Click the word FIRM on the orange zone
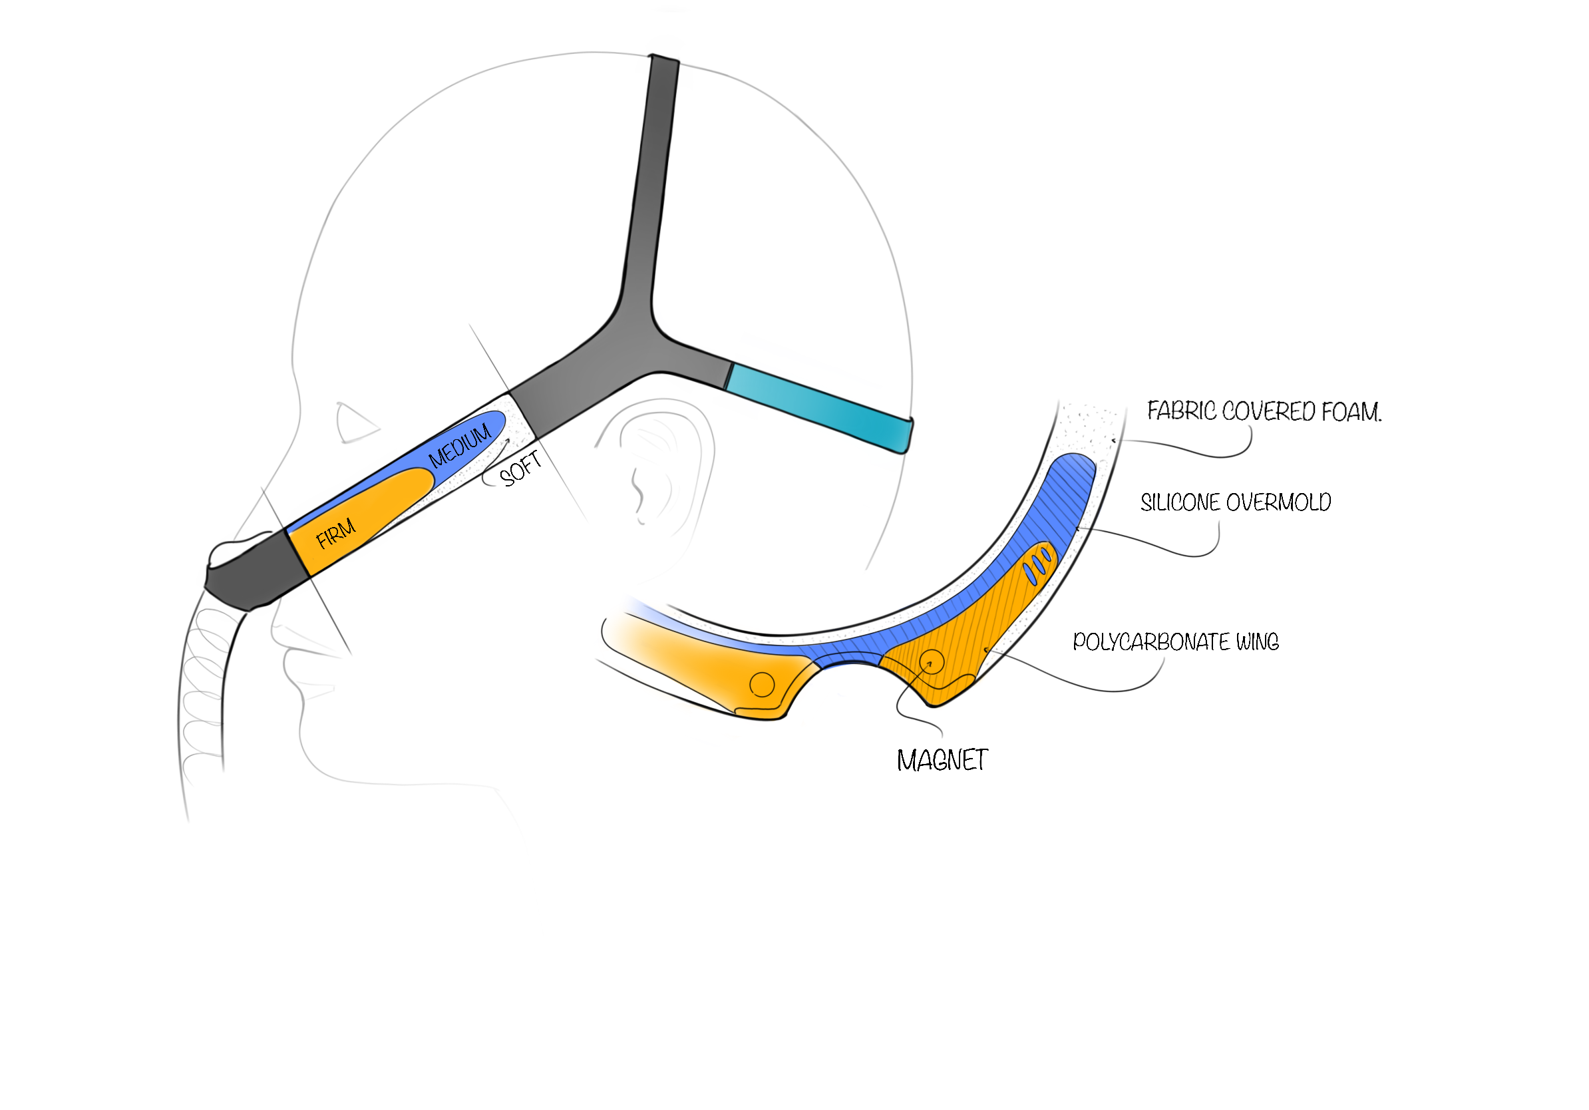(x=335, y=534)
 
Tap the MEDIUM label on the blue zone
(x=460, y=447)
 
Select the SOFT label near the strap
(x=520, y=469)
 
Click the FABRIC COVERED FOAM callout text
(x=1264, y=412)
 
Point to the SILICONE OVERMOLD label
(x=1236, y=502)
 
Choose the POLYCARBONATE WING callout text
(x=1175, y=642)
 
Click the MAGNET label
(x=942, y=761)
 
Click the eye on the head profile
(x=355, y=423)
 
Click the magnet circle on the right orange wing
(x=931, y=662)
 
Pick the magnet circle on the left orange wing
(x=762, y=684)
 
